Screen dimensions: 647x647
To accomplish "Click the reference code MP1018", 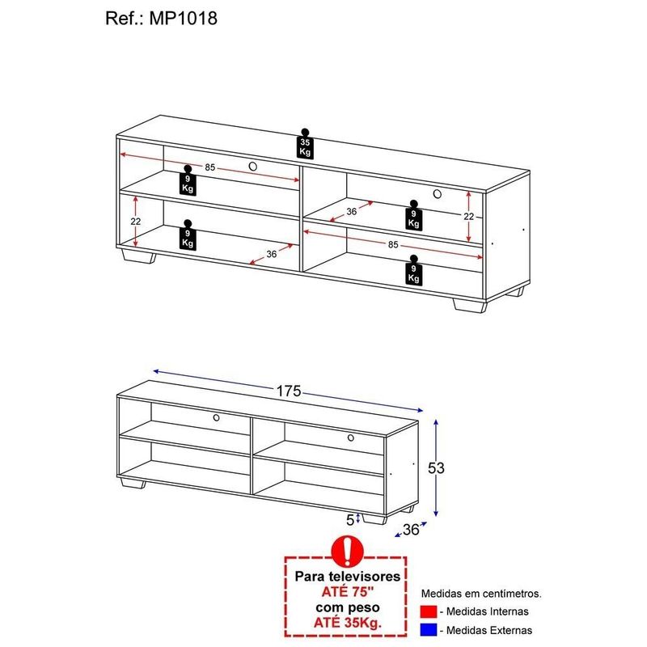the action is (x=184, y=19).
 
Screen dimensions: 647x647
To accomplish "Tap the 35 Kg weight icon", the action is (x=305, y=144).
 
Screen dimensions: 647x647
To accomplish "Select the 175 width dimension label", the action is (x=289, y=391).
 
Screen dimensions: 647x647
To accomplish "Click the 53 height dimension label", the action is (x=436, y=468).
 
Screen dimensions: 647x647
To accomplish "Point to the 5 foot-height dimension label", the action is (x=350, y=520).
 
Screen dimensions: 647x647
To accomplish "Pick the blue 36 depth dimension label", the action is (x=411, y=530).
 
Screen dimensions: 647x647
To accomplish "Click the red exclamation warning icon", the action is (x=348, y=552).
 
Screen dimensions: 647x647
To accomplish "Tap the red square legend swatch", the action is (x=429, y=611).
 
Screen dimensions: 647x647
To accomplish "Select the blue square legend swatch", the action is (x=429, y=630).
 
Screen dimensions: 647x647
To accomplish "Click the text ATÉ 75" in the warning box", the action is (x=348, y=592).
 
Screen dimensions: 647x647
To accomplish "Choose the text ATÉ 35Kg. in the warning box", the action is (x=348, y=623).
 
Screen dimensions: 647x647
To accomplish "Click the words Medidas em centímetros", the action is (x=481, y=594).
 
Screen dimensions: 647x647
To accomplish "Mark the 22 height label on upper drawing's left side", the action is (x=136, y=222).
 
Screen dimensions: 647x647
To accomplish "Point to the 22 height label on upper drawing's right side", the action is (x=469, y=216).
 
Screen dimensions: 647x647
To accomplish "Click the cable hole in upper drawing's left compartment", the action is (x=253, y=167).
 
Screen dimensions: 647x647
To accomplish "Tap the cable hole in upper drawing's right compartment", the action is (x=438, y=193).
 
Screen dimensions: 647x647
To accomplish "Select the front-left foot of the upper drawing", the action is (x=139, y=256).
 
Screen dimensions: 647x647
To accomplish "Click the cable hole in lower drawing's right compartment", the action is (x=351, y=438).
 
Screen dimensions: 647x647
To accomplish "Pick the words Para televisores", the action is (x=348, y=576).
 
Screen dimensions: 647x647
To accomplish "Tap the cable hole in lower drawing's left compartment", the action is (x=216, y=417).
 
